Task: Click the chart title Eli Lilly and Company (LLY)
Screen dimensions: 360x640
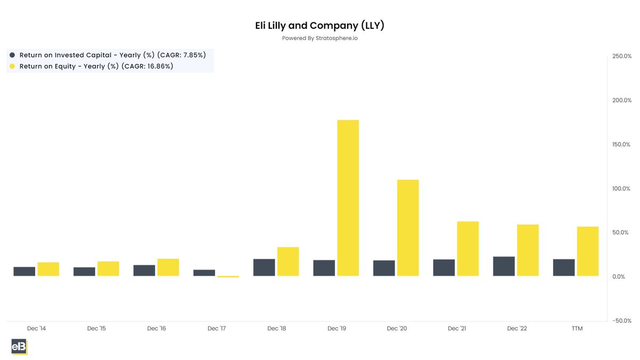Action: click(319, 26)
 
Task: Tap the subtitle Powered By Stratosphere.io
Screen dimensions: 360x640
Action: click(319, 38)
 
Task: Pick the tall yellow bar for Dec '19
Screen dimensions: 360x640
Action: click(348, 198)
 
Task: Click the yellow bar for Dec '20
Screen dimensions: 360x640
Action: click(408, 228)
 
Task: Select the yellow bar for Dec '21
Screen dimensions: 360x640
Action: click(468, 249)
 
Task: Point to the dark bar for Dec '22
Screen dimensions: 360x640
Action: click(504, 266)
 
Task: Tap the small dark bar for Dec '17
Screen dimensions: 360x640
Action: click(204, 273)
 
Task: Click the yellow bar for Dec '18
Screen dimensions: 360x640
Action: click(288, 261)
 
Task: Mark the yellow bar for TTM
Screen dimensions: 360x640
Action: click(588, 251)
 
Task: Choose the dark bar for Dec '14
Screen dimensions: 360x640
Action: click(25, 271)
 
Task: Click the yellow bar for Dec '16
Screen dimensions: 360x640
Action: click(168, 267)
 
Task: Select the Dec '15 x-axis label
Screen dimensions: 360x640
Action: click(97, 329)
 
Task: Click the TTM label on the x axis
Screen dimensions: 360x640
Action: click(577, 329)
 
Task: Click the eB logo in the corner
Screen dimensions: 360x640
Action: click(19, 346)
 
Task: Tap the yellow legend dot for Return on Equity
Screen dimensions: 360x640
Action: click(12, 67)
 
